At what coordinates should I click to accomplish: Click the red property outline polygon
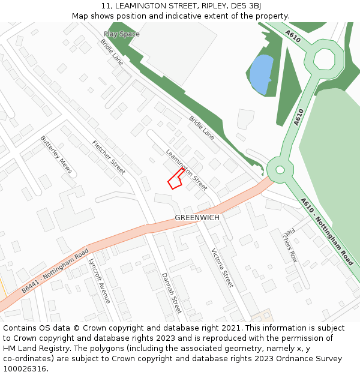175,179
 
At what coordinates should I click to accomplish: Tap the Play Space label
121,34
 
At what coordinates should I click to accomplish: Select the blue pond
261,74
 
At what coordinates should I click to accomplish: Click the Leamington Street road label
187,169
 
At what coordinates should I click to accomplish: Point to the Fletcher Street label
109,157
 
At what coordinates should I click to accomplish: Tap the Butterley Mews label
56,154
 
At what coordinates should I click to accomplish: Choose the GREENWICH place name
197,217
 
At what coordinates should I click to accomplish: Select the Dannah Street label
172,293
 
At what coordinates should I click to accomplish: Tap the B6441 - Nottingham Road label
55,270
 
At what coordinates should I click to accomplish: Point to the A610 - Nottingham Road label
327,232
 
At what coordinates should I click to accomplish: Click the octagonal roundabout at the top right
324,59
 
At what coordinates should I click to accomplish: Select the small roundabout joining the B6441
278,169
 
